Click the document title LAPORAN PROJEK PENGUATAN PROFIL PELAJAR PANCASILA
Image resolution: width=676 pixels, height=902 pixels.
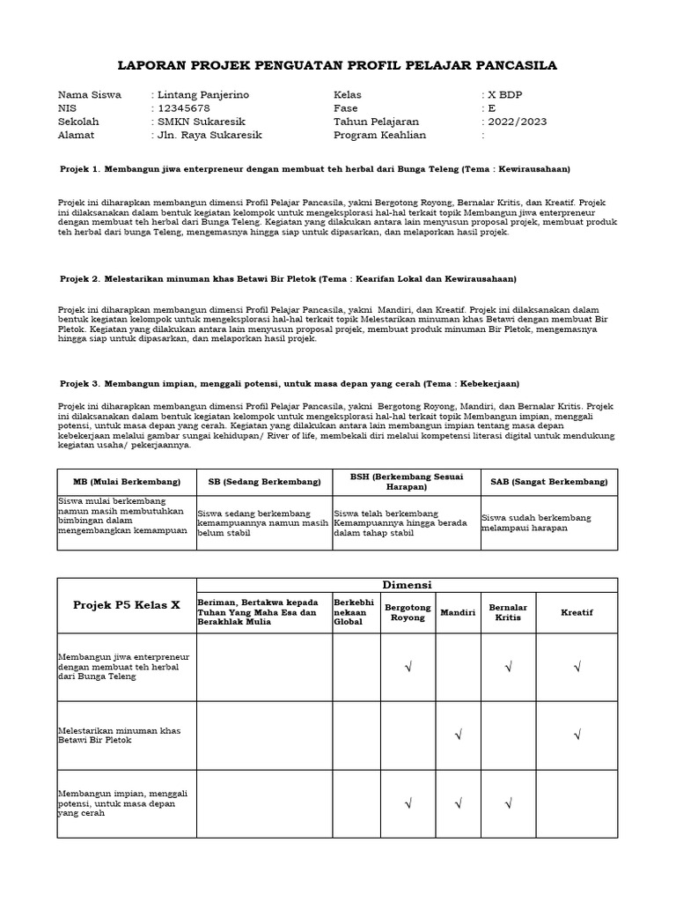(337, 66)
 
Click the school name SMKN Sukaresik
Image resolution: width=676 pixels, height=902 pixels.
(201, 122)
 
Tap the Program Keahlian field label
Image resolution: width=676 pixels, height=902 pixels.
(379, 135)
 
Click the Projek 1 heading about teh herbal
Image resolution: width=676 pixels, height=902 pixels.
(315, 167)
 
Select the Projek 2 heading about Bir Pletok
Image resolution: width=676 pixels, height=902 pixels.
(288, 278)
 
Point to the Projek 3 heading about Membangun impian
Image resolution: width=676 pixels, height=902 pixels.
(290, 383)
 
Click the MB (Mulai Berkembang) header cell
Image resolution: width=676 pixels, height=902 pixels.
(127, 482)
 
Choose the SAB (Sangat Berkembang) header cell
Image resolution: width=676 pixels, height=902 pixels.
(549, 482)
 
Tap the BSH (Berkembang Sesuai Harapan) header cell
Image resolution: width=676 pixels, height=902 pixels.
(406, 481)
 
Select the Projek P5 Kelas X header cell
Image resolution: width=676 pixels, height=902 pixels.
(127, 605)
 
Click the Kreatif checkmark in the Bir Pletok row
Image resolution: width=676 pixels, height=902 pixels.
(577, 735)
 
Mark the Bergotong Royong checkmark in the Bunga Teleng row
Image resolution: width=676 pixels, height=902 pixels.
(408, 667)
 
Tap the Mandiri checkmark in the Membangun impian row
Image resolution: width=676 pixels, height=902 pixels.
(458, 803)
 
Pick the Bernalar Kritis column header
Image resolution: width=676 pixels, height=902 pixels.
(508, 612)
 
